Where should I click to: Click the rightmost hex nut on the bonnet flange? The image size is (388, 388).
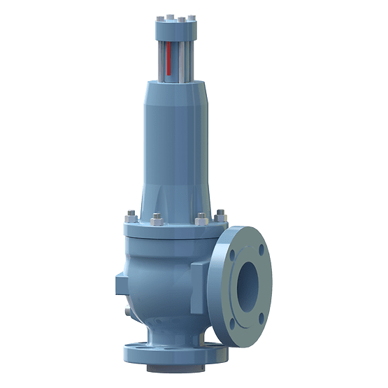pos(221,212)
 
